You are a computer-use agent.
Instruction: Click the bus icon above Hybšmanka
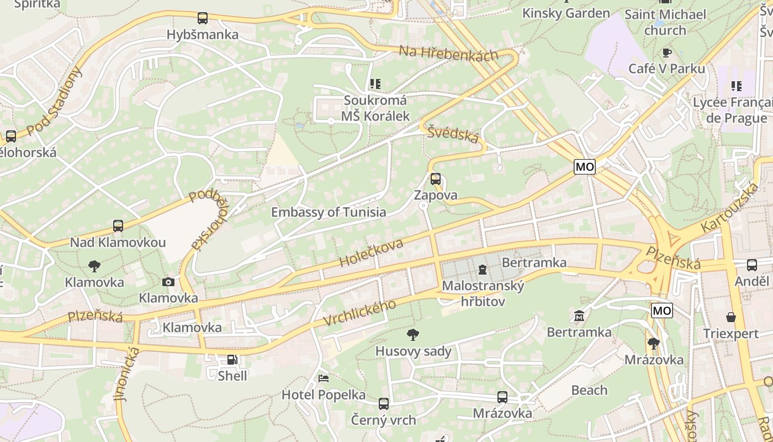tap(203, 18)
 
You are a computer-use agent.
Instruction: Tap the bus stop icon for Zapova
tap(436, 179)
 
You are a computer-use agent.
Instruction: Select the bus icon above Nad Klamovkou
tap(118, 226)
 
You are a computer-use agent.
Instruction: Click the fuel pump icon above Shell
tap(232, 360)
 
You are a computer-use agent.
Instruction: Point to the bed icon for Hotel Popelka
tap(324, 378)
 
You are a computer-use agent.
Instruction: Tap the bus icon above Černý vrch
tap(384, 404)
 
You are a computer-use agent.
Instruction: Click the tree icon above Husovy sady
tap(412, 334)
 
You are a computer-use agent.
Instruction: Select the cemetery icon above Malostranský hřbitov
tap(483, 270)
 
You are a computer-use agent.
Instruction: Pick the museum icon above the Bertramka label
tap(579, 316)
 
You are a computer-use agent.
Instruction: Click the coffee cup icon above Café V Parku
tap(667, 52)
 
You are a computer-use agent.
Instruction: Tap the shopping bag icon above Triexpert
tap(731, 317)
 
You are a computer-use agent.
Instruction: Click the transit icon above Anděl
tap(751, 265)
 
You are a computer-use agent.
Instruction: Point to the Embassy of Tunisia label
tap(329, 212)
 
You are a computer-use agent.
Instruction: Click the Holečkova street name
tap(372, 253)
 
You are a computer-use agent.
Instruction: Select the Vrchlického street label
tap(359, 313)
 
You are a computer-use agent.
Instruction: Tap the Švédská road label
tap(453, 133)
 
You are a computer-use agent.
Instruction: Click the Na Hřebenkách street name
tap(448, 53)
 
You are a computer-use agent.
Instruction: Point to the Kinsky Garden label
tap(566, 13)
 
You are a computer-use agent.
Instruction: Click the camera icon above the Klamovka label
tap(168, 282)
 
